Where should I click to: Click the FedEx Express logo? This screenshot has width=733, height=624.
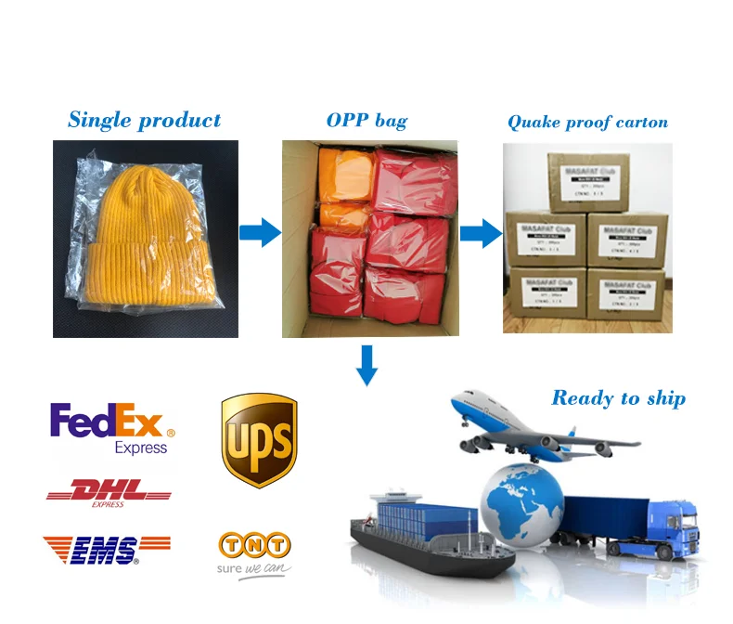pyautogui.click(x=111, y=428)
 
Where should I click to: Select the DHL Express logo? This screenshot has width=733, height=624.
pyautogui.click(x=109, y=491)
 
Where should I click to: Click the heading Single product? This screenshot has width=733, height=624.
pyautogui.click(x=144, y=120)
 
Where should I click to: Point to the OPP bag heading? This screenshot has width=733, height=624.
pyautogui.click(x=366, y=121)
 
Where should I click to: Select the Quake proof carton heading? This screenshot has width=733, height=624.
pyautogui.click(x=587, y=122)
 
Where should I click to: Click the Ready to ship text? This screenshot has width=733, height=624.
pyautogui.click(x=618, y=398)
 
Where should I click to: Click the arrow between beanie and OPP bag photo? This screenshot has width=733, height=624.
pyautogui.click(x=259, y=232)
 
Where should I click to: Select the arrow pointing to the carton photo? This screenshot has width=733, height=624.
pyautogui.click(x=480, y=232)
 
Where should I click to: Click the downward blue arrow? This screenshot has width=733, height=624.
pyautogui.click(x=367, y=364)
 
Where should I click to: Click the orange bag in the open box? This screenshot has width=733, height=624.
pyautogui.click(x=345, y=176)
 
